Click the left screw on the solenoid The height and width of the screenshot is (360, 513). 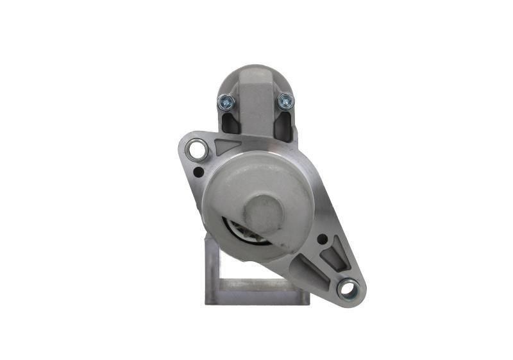coord(226,101)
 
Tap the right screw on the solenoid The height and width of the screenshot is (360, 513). coord(285,101)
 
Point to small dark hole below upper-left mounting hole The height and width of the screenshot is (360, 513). coord(199,171)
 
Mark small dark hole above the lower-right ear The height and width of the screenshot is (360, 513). coord(322,239)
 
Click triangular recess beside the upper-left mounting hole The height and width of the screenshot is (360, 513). coord(226,146)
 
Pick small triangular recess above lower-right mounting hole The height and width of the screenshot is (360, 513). coord(335,257)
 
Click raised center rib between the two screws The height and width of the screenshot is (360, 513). coord(255,106)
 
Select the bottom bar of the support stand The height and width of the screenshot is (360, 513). coord(256,296)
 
